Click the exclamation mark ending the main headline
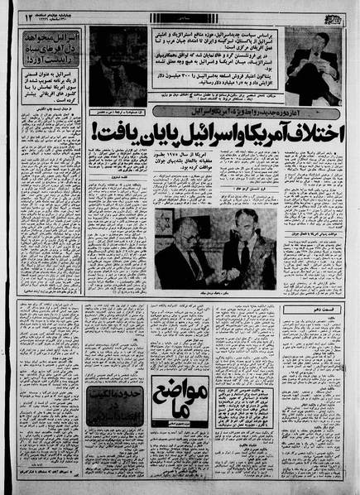[x=93, y=129]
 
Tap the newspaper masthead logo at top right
[x=334, y=15]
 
